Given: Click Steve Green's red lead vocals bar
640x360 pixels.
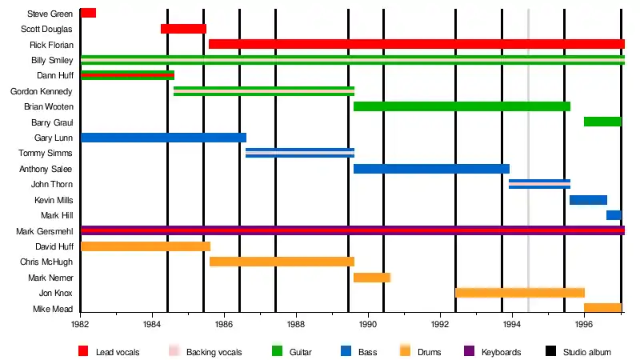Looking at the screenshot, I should pos(88,13).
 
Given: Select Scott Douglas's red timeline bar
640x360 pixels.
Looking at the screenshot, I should pos(183,29).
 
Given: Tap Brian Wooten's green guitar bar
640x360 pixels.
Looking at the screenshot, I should pos(462,106).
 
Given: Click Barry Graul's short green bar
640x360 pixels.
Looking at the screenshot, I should pos(602,122).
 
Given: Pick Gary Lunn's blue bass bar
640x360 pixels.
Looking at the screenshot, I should pos(163,138).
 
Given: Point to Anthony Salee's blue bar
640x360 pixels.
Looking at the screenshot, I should pos(431,169).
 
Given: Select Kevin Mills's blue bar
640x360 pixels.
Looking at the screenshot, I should pos(588,200).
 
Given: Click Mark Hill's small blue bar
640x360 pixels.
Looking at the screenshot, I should pos(614,215).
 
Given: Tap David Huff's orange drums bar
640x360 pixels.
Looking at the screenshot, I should pos(146,246).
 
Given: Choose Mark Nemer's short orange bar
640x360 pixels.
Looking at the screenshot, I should pos(372,278).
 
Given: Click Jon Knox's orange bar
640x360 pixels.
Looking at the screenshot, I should pos(520,293).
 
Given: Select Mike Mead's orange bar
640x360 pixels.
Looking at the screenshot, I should pos(602,308).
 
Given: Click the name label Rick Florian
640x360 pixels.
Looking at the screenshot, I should pos(51,45).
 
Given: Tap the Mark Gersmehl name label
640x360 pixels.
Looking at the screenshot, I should pos(45,231).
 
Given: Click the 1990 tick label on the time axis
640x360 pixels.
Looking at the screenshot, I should pos(368,325).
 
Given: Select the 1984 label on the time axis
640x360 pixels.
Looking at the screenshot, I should pos(152,325).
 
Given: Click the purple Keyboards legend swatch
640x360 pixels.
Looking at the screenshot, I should pos(469,351).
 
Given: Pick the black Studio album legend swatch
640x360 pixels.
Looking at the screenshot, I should pos(550,351).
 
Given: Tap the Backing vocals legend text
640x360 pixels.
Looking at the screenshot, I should pos(213,352).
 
